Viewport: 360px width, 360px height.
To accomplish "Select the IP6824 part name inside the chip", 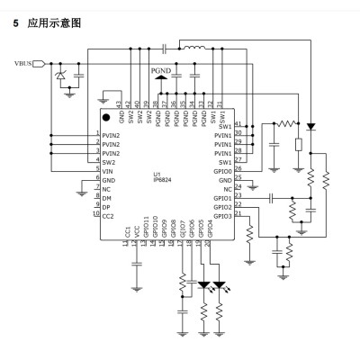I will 163,179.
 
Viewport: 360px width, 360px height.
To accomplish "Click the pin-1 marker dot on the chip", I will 106,117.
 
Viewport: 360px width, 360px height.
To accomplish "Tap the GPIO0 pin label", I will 222,168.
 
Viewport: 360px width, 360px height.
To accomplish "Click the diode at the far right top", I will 311,126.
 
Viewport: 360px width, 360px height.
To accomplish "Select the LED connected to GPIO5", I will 202,285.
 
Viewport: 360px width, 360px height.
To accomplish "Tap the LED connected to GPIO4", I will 220,285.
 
